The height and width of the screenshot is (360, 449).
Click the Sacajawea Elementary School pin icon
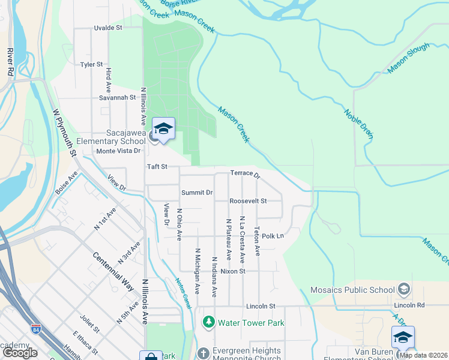pyautogui.click(x=163, y=129)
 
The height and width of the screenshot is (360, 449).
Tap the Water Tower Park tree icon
pyautogui.click(x=209, y=323)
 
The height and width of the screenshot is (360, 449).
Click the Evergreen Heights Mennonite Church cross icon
pyautogui.click(x=203, y=352)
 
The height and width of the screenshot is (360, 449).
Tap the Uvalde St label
pyautogui.click(x=108, y=28)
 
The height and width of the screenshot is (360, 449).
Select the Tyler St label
pyautogui.click(x=92, y=64)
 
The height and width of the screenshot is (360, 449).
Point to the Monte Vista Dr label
pyautogui.click(x=118, y=151)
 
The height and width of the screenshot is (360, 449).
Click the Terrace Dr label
pyautogui.click(x=245, y=174)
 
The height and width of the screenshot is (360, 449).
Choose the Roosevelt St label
pyautogui.click(x=247, y=201)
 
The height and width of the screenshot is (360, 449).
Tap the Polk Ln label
pyautogui.click(x=272, y=236)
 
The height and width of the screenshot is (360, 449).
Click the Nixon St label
pyautogui.click(x=233, y=271)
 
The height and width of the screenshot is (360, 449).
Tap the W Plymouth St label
pyautogui.click(x=65, y=133)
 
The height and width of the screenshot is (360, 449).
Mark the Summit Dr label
pyautogui.click(x=197, y=193)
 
